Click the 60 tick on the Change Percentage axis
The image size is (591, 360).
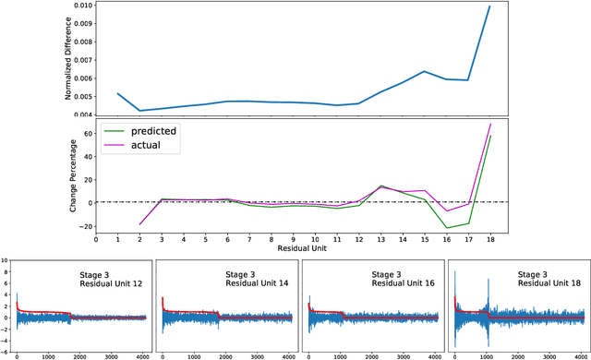85,134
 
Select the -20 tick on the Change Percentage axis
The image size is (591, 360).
83,226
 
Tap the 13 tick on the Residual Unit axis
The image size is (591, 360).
380,239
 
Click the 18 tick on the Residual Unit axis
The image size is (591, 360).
489,239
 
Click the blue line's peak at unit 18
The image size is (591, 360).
489,6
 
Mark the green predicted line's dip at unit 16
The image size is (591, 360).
446,228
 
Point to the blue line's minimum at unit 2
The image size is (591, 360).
139,111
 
